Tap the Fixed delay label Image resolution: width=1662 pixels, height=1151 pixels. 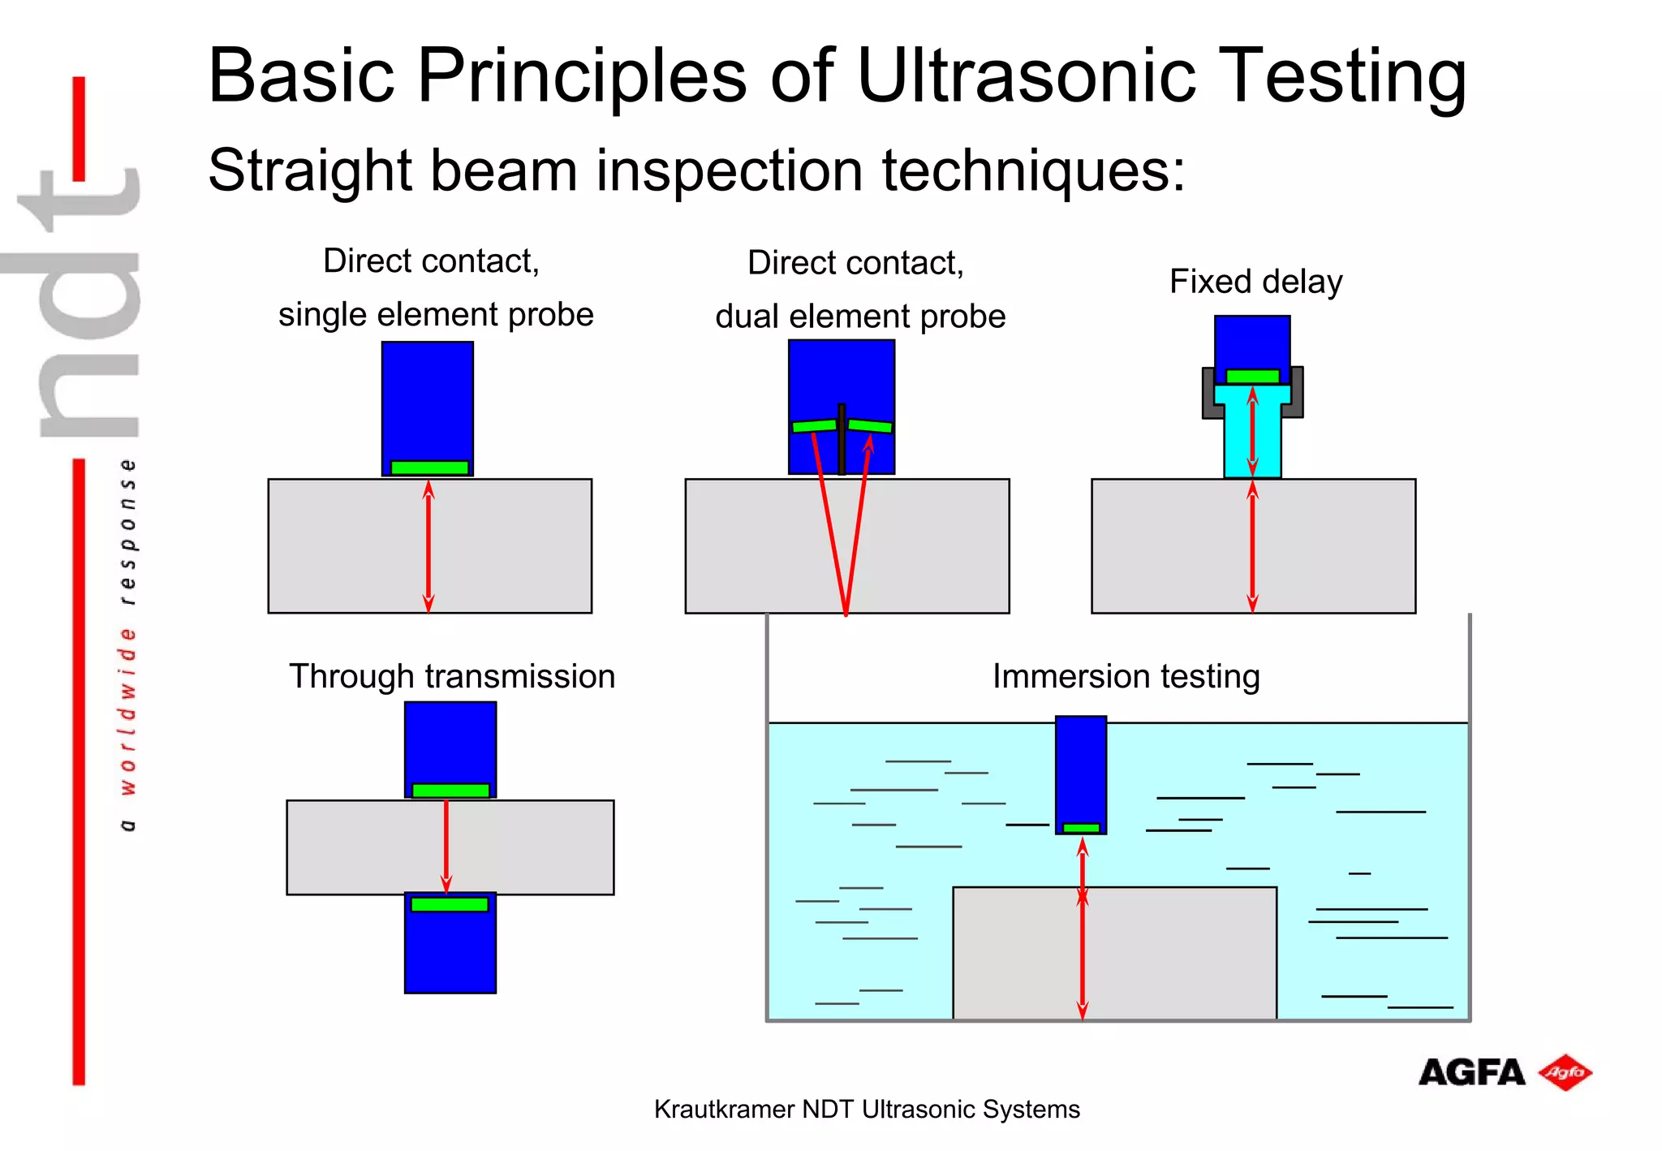click(x=1255, y=282)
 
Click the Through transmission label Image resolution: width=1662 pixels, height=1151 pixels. click(x=452, y=676)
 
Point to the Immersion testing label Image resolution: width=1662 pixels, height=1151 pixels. click(x=1126, y=676)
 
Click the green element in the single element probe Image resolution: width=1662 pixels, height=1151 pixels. click(x=429, y=468)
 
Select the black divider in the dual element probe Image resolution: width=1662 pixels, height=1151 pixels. click(x=842, y=438)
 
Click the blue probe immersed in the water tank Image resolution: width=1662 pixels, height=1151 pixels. click(x=1080, y=767)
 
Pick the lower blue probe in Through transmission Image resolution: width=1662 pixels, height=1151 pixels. click(x=450, y=954)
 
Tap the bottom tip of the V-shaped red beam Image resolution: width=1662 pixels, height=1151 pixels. click(x=846, y=612)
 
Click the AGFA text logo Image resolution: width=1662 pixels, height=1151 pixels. click(x=1471, y=1073)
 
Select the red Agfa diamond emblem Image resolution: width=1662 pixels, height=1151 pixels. click(x=1565, y=1073)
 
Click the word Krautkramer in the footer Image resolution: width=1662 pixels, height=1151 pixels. click(x=724, y=1110)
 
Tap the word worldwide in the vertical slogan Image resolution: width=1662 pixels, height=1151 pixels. click(x=127, y=710)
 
